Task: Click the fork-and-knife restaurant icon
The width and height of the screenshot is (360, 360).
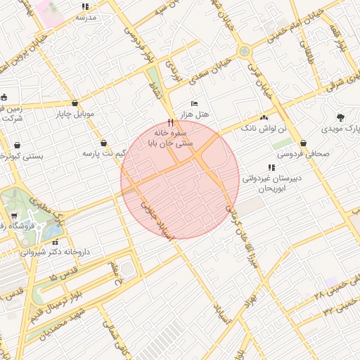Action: click(x=170, y=122)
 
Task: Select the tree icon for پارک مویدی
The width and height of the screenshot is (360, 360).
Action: click(x=341, y=117)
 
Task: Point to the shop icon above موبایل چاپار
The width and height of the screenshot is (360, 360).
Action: click(x=75, y=103)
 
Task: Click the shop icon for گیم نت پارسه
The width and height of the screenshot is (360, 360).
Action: click(x=104, y=141)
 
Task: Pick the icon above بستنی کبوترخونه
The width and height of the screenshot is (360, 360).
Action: click(x=16, y=146)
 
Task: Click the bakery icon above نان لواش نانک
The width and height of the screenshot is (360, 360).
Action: click(x=264, y=117)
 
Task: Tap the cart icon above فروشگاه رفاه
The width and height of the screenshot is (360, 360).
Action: click(x=13, y=216)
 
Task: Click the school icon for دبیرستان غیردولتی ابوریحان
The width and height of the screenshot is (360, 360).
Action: click(x=271, y=167)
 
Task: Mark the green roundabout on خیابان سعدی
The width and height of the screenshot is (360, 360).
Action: click(x=244, y=51)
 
